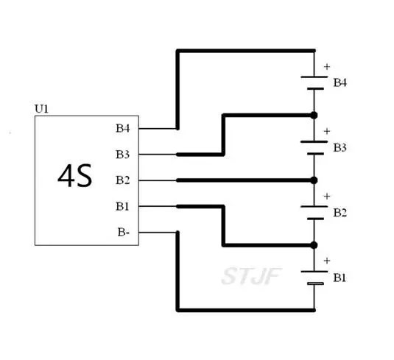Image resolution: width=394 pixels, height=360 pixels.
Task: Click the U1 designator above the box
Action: [x=41, y=109]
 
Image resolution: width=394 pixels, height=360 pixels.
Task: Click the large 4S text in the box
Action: [x=75, y=176]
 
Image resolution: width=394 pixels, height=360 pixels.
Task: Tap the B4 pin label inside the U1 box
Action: [x=123, y=128]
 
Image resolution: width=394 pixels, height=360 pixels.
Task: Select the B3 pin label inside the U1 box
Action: [x=123, y=155]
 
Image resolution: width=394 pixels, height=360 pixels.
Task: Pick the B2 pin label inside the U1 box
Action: [x=123, y=180]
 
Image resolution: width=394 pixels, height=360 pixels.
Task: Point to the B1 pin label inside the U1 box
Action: [x=122, y=206]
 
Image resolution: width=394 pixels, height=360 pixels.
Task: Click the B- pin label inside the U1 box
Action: [x=124, y=232]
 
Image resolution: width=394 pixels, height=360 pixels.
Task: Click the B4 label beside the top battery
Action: [x=340, y=82]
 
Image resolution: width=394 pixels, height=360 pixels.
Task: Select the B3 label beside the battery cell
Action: [x=340, y=148]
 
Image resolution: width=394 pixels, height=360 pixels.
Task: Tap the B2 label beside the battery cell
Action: [x=340, y=213]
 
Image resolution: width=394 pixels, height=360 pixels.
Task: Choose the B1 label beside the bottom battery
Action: [x=340, y=278]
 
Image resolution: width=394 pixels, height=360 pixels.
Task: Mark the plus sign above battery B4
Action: [x=327, y=67]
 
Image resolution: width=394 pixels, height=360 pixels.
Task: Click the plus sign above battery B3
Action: [x=327, y=131]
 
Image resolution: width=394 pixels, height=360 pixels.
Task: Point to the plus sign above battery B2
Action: [x=327, y=197]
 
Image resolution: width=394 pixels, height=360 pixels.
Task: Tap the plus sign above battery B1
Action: [x=327, y=261]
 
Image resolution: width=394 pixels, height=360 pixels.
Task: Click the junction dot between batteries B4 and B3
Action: [x=314, y=116]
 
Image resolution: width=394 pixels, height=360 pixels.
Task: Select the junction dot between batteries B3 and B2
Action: [x=314, y=180]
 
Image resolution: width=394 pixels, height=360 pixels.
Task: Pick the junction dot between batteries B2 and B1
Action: [x=314, y=245]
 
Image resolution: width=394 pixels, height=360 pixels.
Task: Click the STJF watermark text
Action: [x=251, y=276]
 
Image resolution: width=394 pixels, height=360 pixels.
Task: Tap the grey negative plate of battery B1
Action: [x=315, y=283]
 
